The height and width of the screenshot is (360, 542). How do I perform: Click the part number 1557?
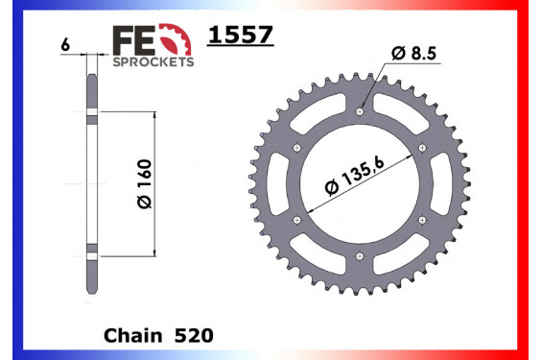pyautogui.click(x=241, y=36)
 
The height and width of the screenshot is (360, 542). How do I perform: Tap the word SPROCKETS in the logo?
pyautogui.click(x=153, y=60)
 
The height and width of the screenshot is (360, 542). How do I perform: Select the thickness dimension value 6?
pyautogui.click(x=64, y=45)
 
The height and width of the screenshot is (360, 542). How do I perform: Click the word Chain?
pyautogui.click(x=130, y=335)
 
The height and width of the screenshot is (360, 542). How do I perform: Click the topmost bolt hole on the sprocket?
pyautogui.click(x=361, y=111)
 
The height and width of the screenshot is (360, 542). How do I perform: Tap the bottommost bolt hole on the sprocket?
pyautogui.click(x=361, y=256)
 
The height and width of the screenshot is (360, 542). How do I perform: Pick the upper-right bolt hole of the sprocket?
pyautogui.click(x=423, y=147)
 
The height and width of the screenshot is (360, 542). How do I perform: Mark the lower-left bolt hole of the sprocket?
pyautogui.click(x=298, y=220)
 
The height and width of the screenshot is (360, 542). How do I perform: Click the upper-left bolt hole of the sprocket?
pyautogui.click(x=298, y=147)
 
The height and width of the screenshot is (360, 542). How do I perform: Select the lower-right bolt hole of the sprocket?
pyautogui.click(x=423, y=220)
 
